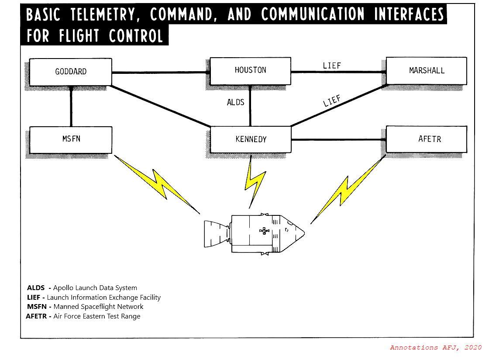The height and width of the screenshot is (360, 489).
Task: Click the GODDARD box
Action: coord(71,72)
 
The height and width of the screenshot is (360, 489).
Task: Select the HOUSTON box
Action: coord(250,70)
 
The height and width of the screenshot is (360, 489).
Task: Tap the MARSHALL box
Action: coord(427,70)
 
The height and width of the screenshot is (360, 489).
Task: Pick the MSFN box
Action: coord(71,139)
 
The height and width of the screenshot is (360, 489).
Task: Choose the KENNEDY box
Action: coord(251,139)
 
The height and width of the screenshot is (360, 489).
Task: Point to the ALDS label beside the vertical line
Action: coord(235,103)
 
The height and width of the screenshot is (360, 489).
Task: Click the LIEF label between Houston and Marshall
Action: coord(332,66)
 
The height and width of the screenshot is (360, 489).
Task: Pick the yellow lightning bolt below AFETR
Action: coord(347,190)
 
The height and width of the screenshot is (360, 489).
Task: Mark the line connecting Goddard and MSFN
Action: coord(71,107)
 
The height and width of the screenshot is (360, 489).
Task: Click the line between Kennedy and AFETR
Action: coord(338,140)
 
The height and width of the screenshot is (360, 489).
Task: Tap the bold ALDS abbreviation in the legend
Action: coord(36,288)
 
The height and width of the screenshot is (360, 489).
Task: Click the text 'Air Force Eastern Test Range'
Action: coord(97,316)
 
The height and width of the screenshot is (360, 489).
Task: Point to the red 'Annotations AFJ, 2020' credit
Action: coord(436,348)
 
